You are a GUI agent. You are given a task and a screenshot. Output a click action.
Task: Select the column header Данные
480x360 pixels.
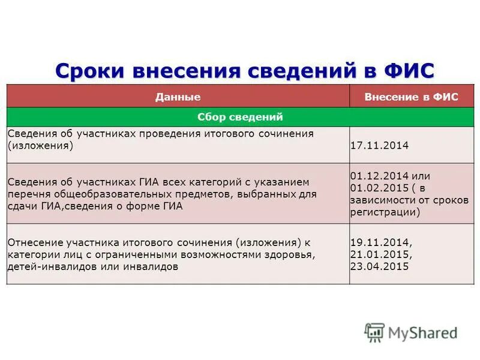tap(178, 97)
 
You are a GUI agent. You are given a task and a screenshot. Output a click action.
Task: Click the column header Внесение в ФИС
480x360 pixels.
tap(411, 97)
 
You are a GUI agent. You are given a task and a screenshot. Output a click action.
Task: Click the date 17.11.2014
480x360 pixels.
tap(379, 146)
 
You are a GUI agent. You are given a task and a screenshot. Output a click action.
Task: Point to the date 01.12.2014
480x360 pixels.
tap(379, 176)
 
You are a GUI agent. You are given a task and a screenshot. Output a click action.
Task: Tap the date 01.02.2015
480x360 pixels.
tap(379, 188)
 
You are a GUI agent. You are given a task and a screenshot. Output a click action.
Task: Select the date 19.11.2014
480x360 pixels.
tap(380, 243)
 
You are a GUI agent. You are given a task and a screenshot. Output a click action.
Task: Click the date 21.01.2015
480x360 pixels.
tap(380, 254)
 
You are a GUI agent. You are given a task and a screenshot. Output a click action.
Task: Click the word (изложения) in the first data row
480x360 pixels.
tap(40, 146)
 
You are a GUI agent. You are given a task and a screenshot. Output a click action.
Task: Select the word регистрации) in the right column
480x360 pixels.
tap(385, 212)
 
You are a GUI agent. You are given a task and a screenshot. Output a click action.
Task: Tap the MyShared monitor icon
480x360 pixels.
tap(374, 332)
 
